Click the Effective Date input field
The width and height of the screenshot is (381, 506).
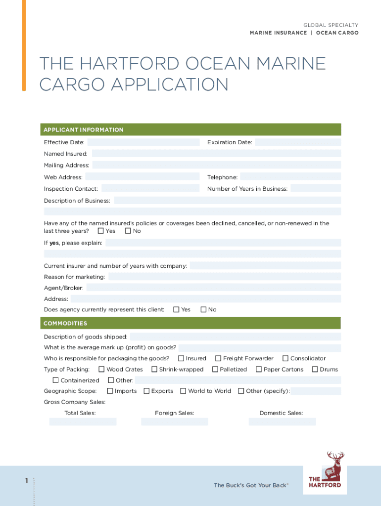coord(143,142)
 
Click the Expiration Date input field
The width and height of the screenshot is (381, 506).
coord(298,142)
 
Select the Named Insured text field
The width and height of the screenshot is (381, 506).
coord(216,154)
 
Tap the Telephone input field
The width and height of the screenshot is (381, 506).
coord(290,177)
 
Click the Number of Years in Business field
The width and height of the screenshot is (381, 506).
coord(316,188)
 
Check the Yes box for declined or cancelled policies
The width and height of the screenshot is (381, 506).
coord(101,231)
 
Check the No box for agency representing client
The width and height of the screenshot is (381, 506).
coord(203,309)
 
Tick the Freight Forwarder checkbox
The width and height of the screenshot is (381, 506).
coord(218,358)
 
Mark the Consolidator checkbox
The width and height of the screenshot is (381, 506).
coord(286,358)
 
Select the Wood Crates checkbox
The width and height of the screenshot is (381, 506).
coord(101,369)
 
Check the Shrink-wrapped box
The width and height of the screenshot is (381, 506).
coord(154,369)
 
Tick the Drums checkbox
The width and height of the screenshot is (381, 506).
coord(315,369)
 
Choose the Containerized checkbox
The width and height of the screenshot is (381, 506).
coord(56,380)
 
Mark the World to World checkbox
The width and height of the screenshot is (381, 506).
coord(183,391)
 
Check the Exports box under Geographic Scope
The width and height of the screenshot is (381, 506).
coord(146,391)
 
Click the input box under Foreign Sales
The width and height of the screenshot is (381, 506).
coord(175,422)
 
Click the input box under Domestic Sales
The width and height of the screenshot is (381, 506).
coord(282,422)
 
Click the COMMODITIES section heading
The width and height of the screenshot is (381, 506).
coord(65,323)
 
